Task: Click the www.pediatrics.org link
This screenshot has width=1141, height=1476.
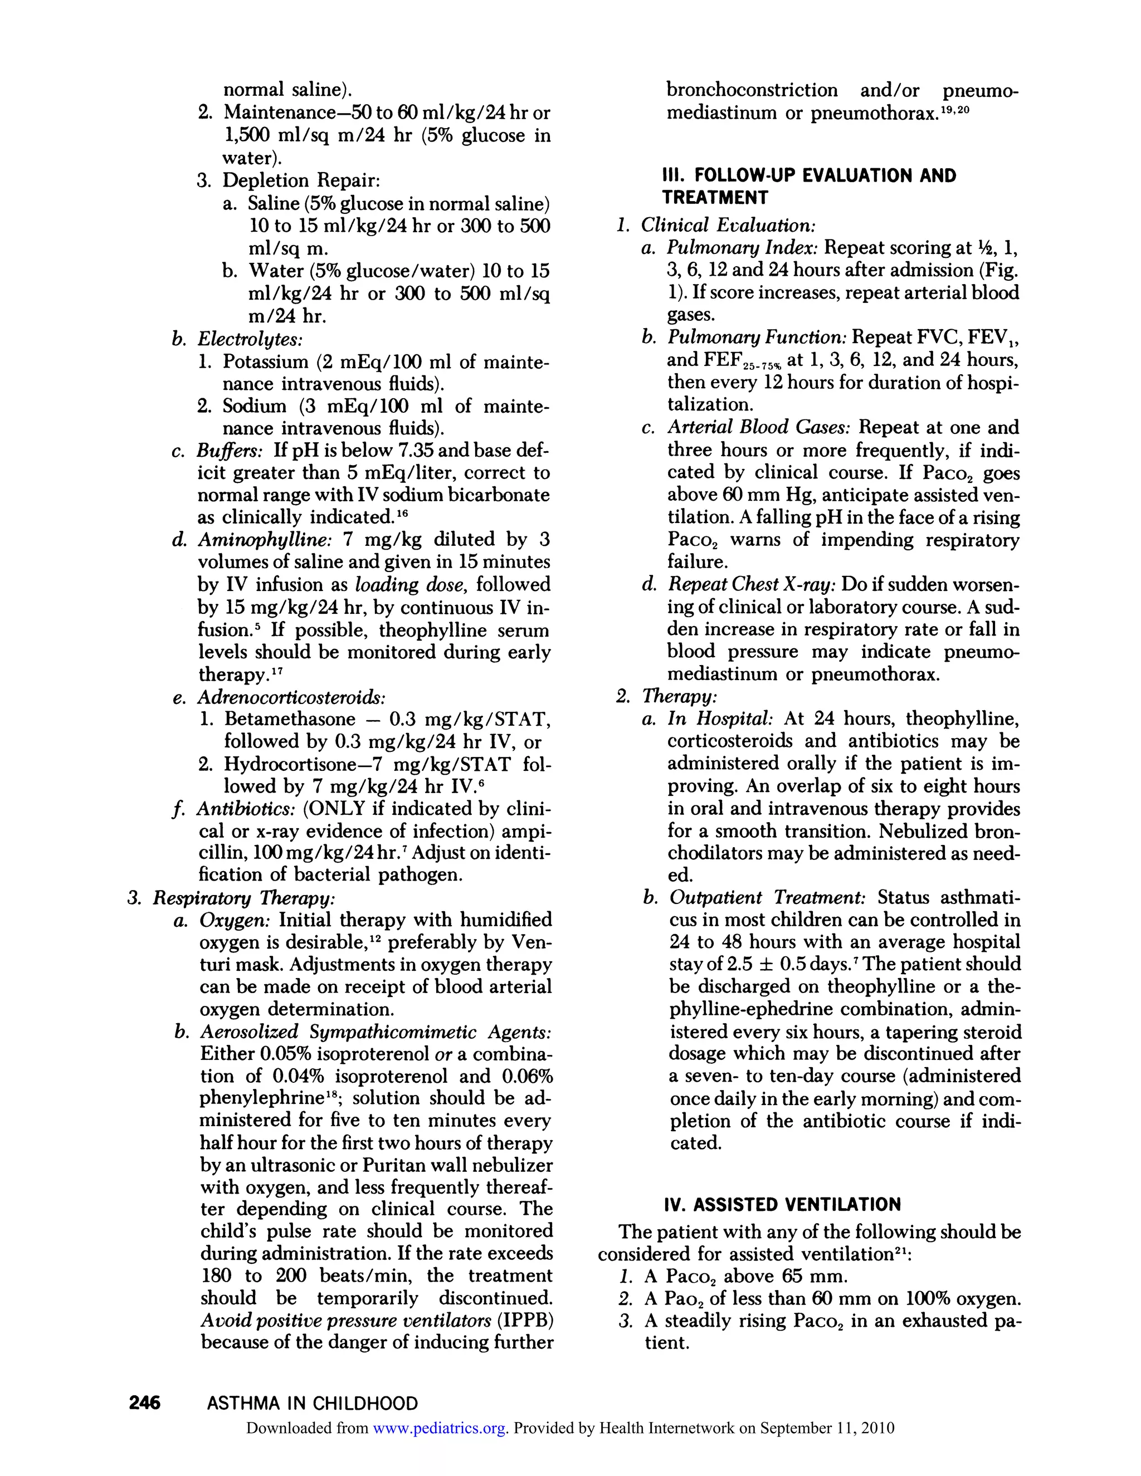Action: click(440, 1428)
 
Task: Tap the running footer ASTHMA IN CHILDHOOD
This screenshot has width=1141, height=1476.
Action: click(313, 1403)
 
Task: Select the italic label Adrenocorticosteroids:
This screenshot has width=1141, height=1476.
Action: click(291, 697)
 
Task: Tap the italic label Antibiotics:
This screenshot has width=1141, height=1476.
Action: click(246, 809)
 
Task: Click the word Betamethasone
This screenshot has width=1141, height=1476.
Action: click(290, 719)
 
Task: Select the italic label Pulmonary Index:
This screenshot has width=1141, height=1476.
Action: click(743, 248)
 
